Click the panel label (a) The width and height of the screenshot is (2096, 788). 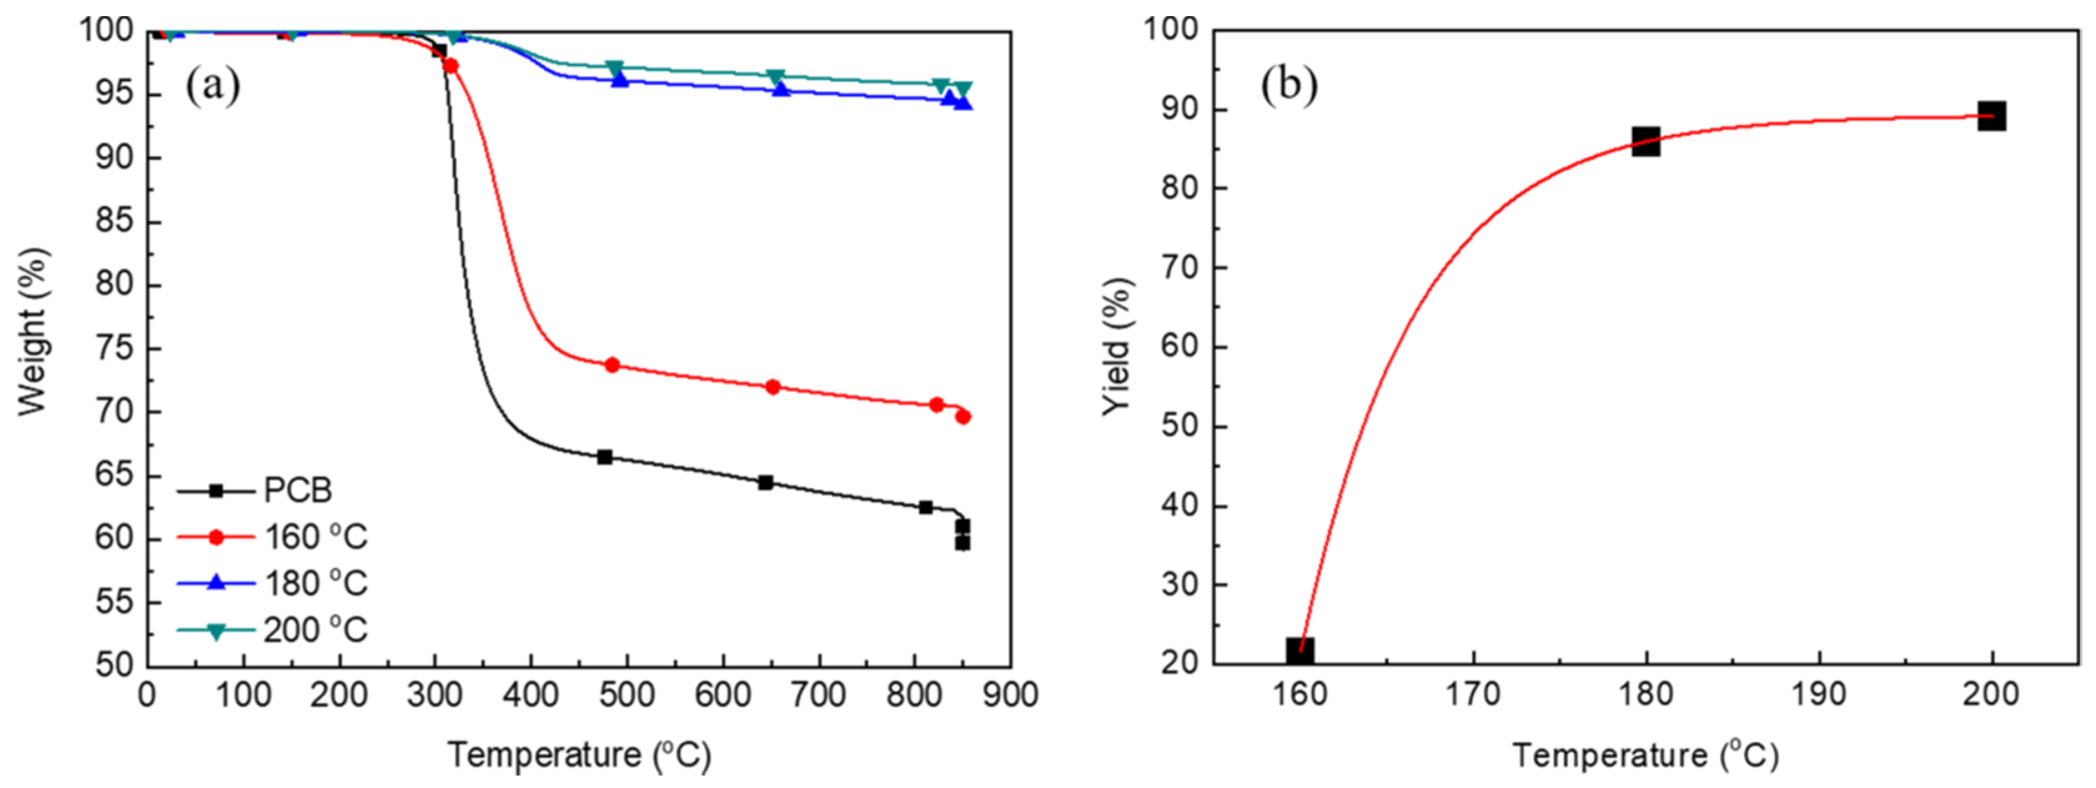[x=213, y=85]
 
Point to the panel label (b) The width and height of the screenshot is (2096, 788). [x=1289, y=85]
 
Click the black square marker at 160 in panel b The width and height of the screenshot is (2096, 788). [x=1300, y=651]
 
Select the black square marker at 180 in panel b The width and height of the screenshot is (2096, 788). [x=1646, y=142]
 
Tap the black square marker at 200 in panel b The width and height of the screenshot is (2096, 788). [x=1991, y=116]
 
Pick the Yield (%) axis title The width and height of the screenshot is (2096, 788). [x=1118, y=346]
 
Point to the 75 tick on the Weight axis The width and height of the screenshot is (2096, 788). [x=114, y=349]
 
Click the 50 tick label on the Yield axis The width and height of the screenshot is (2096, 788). [x=1179, y=426]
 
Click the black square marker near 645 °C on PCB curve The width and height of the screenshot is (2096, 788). [x=765, y=482]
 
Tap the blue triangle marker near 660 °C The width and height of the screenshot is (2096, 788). [x=781, y=89]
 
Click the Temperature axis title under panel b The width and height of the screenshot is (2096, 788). [x=1645, y=756]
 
